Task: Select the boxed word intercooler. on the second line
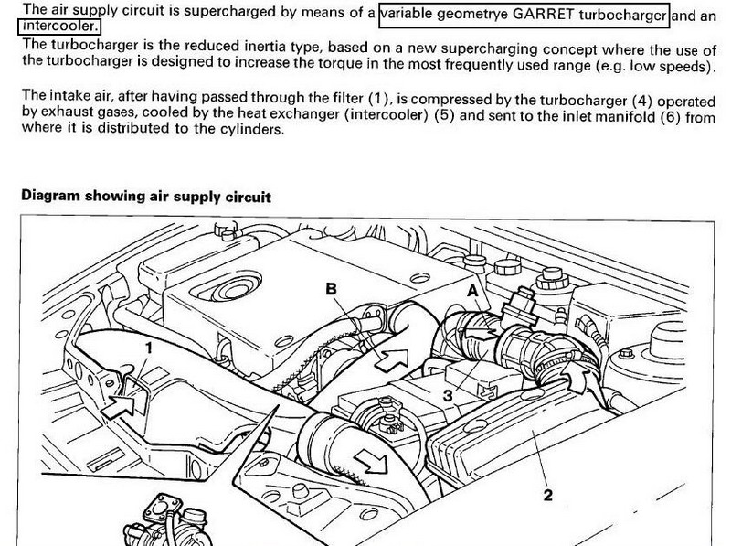click(52, 27)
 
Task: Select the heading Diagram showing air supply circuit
click(145, 196)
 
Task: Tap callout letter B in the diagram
click(333, 289)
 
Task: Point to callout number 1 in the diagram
click(149, 348)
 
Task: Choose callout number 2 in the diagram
click(547, 496)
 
